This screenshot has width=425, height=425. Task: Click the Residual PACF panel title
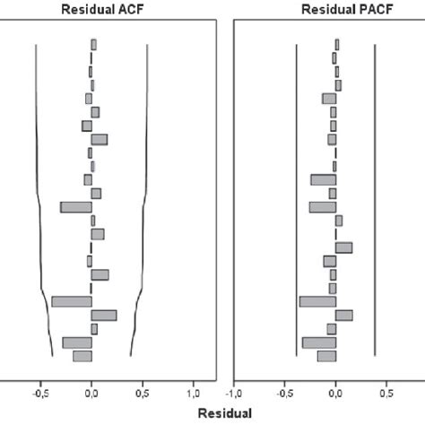pos(334,10)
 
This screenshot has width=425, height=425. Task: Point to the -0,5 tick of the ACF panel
pos(40,393)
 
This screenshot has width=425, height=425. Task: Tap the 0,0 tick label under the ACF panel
pos(91,393)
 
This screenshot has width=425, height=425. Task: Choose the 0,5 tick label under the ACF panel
pos(143,393)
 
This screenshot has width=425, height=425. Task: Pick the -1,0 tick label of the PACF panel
pos(234,393)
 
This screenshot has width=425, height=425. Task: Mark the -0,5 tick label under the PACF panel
pos(285,393)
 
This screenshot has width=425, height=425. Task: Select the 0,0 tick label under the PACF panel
pos(336,393)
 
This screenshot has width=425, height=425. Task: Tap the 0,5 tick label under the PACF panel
pos(386,393)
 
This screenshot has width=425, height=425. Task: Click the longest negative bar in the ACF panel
pos(72,301)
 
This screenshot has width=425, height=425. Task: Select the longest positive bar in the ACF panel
pos(104,315)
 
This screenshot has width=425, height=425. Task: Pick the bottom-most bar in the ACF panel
pos(82,356)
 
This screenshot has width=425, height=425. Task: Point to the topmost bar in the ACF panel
pos(93,44)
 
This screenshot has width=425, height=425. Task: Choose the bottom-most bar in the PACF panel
pos(327,356)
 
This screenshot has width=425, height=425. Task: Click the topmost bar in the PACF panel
pos(337,44)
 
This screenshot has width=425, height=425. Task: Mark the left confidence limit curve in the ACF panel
pos(38,179)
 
